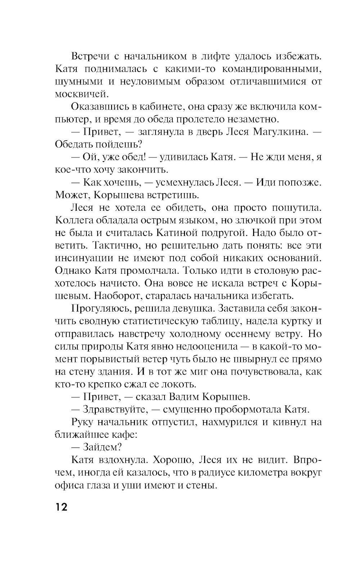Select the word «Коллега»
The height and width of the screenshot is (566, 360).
pos(74,220)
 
